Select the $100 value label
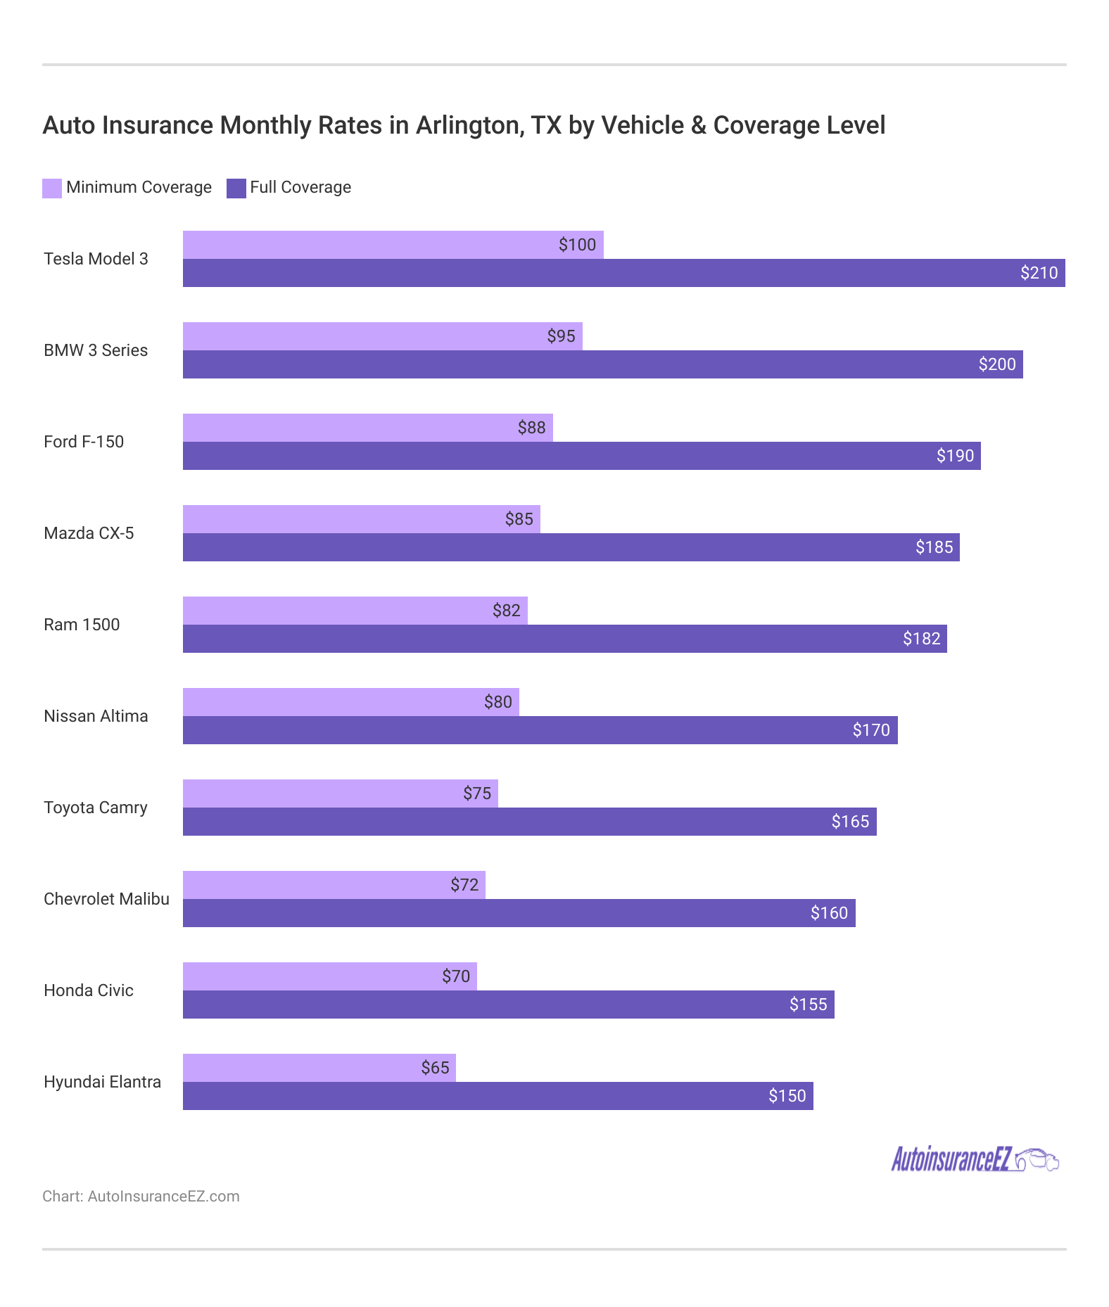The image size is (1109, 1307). pos(577,245)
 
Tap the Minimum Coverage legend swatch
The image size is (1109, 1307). pos(52,188)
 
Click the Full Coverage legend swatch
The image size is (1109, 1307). pos(236,188)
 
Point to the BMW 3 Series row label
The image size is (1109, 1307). pos(96,350)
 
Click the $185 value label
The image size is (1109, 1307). pos(934,547)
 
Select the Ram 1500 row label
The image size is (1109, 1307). pos(82,625)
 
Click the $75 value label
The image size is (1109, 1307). pos(477,793)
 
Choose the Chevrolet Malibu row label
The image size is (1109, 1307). pos(106,899)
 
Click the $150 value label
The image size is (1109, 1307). pos(787,1096)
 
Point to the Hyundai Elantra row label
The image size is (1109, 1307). pos(102,1082)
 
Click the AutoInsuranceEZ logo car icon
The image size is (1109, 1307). pos(1038,1159)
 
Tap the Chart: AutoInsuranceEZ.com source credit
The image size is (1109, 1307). pos(141,1197)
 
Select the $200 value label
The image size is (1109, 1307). pos(997,364)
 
